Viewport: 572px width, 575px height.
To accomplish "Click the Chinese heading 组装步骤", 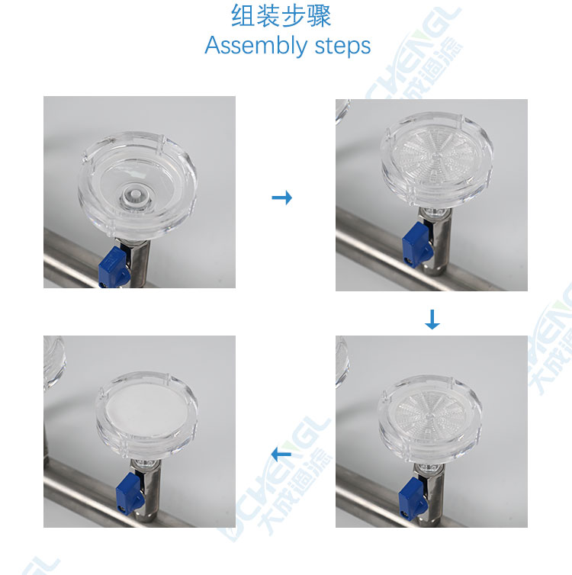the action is tap(281, 16).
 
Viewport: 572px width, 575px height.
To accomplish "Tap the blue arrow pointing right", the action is tap(282, 198).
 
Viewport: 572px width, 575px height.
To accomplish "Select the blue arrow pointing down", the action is tap(432, 320).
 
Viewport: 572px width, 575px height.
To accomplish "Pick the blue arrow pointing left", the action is tap(281, 455).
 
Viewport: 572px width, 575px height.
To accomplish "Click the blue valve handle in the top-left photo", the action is tap(114, 268).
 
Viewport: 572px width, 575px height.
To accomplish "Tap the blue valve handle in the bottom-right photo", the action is tap(413, 498).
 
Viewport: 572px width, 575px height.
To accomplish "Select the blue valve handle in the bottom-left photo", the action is tap(130, 491).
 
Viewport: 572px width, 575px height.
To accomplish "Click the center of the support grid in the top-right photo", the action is tap(435, 157).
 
